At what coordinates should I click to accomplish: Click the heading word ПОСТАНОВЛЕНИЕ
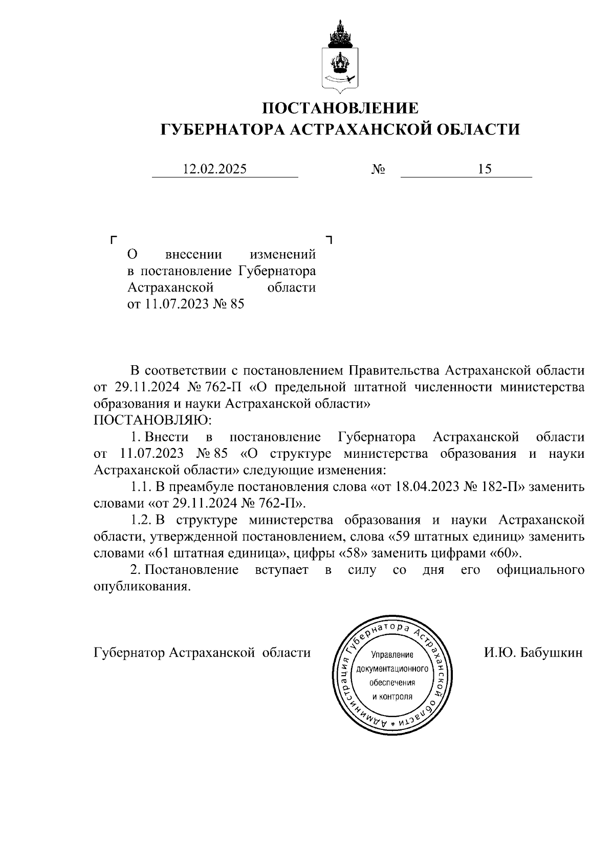pos(340,108)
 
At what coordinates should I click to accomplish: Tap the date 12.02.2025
pos(215,169)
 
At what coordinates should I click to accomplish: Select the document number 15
pos(485,169)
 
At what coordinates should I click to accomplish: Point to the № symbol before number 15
pos(378,169)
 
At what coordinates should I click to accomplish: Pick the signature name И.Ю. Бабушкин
pos(533,653)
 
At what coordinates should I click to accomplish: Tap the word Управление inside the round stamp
pos(392,654)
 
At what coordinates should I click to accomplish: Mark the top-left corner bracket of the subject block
pos(114,239)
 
